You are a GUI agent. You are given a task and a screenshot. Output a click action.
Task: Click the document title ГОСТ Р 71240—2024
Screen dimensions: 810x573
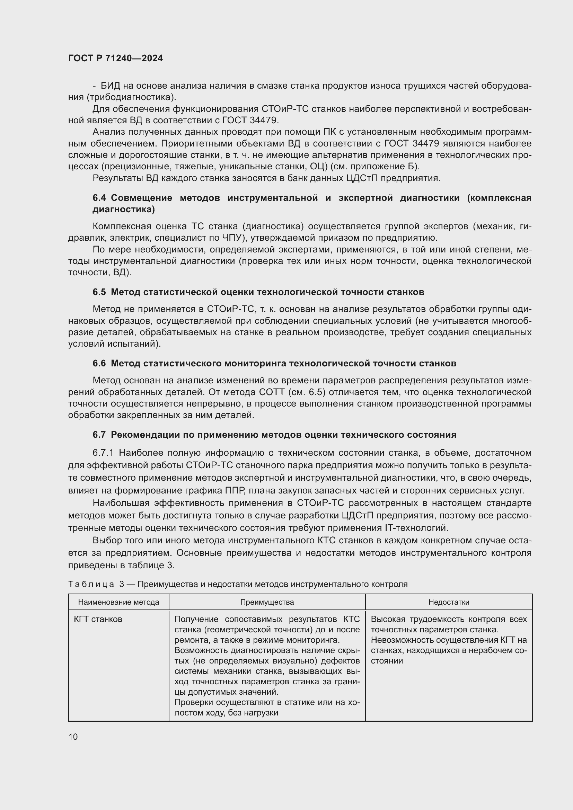[115, 59]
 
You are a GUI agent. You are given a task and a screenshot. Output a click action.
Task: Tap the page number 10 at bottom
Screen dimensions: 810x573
[73, 737]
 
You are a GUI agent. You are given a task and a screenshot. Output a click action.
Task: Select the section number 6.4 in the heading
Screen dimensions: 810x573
[99, 198]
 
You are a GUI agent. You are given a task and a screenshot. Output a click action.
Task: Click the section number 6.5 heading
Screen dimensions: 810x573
[99, 292]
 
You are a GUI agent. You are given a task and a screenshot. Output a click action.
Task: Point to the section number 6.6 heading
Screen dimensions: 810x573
[99, 363]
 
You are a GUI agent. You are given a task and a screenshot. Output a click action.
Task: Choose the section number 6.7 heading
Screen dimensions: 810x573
[99, 435]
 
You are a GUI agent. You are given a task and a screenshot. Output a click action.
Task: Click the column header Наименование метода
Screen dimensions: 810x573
[118, 602]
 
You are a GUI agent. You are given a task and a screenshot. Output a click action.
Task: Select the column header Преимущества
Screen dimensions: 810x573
[267, 602]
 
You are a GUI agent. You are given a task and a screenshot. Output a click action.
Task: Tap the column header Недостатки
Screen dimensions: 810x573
[449, 602]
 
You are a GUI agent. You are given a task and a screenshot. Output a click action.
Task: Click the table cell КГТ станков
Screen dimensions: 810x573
[98, 619]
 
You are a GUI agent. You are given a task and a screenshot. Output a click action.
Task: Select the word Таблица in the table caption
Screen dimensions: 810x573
[91, 584]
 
